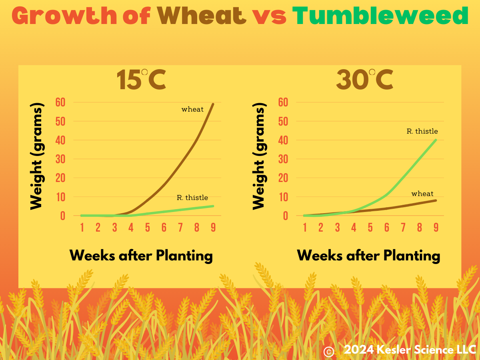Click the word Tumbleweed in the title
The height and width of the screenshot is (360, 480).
click(x=380, y=15)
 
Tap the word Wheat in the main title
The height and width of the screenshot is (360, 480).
click(x=202, y=15)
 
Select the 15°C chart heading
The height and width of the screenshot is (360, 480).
click(x=142, y=79)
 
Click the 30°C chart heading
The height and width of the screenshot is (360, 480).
click(x=364, y=79)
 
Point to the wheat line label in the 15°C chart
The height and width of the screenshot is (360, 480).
click(x=192, y=109)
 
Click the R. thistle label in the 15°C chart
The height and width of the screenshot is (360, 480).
click(x=192, y=198)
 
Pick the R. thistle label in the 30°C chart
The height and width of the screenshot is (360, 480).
click(x=422, y=131)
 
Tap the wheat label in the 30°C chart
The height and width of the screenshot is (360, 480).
click(x=422, y=194)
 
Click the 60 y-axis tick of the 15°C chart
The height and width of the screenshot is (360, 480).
click(x=60, y=102)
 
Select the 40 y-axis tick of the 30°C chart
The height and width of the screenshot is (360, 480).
click(x=283, y=140)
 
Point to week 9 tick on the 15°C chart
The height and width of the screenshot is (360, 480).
click(x=213, y=227)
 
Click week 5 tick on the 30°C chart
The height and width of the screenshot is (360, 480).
click(x=370, y=227)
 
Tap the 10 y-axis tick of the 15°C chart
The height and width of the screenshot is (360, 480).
click(x=60, y=197)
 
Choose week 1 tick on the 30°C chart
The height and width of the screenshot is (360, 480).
click(x=305, y=227)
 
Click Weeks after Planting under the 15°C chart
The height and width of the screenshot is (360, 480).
click(x=141, y=256)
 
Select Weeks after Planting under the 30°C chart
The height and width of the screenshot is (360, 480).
click(x=368, y=256)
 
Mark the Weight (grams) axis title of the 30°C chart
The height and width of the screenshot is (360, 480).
click(x=259, y=156)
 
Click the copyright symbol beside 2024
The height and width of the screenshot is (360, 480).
click(x=329, y=352)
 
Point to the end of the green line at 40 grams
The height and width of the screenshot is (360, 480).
click(x=436, y=140)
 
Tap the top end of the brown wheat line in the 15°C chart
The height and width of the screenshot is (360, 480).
click(x=213, y=104)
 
